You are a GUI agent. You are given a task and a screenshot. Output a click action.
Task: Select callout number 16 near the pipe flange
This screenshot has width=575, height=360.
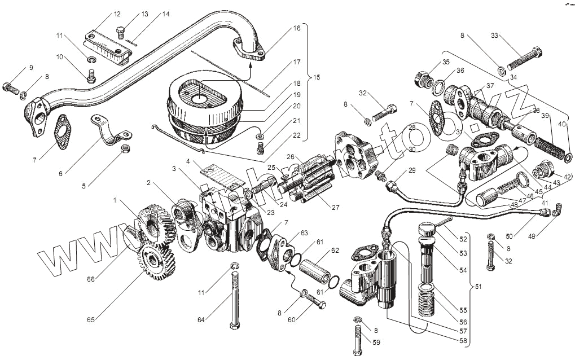pyautogui.click(x=297, y=28)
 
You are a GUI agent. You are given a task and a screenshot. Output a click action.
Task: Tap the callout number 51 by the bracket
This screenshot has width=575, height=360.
pyautogui.click(x=478, y=287)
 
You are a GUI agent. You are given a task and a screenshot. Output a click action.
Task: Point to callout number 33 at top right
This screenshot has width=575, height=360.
pyautogui.click(x=494, y=36)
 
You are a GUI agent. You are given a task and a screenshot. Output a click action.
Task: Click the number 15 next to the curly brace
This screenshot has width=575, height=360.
pyautogui.click(x=316, y=77)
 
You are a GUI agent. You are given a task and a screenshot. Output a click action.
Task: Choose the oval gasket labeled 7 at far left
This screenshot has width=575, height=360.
pyautogui.click(x=63, y=126)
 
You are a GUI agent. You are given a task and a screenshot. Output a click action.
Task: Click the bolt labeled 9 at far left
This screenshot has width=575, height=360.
pyautogui.click(x=11, y=87)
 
